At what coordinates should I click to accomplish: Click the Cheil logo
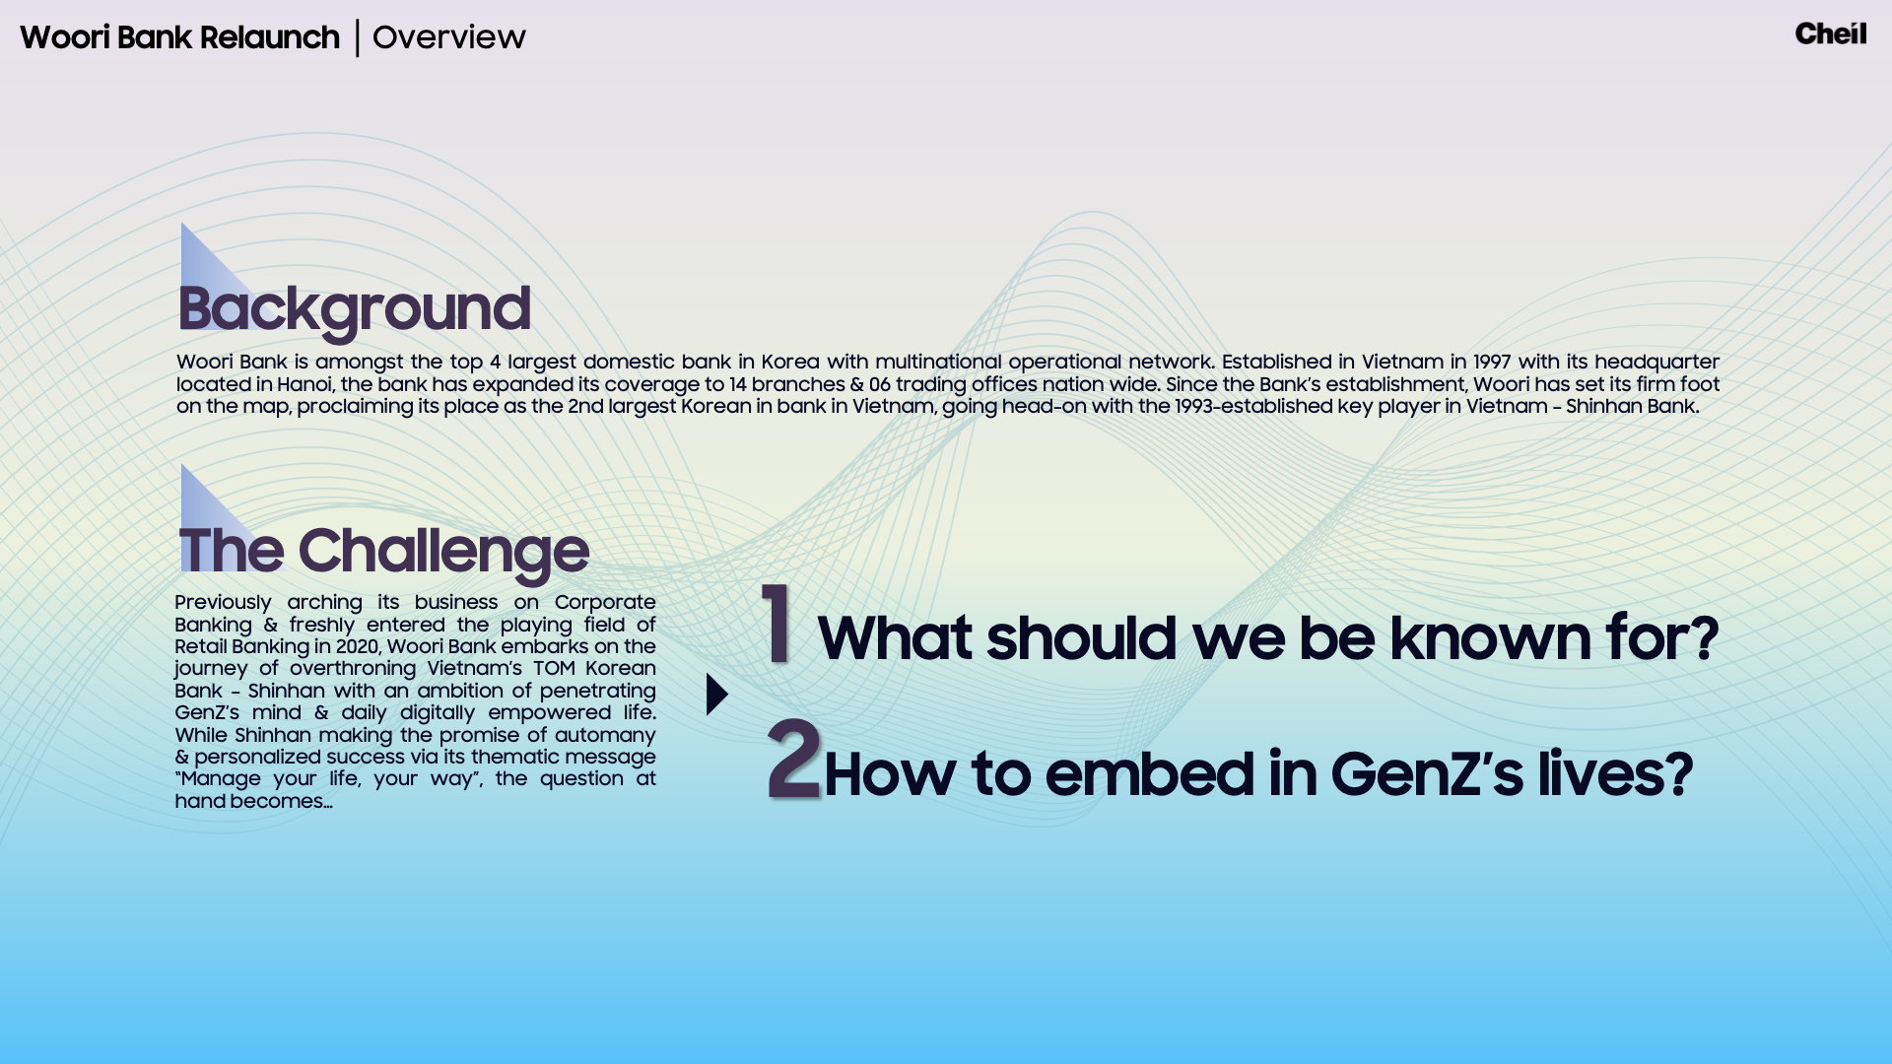tap(1830, 33)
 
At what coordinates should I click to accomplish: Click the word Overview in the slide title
tap(449, 37)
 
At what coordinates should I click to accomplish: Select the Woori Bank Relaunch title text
tap(179, 37)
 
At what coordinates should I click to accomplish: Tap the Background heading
tap(354, 309)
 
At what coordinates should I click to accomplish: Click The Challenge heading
tap(383, 551)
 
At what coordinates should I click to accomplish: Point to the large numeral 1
tap(777, 623)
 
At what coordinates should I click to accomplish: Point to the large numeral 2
tap(793, 759)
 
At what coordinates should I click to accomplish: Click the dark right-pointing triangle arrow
tap(717, 695)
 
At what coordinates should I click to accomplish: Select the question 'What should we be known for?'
tap(1268, 637)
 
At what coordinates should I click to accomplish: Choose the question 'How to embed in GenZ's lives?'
tap(1258, 773)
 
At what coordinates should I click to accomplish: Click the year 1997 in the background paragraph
tap(1492, 363)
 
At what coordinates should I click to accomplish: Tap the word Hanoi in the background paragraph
tap(304, 384)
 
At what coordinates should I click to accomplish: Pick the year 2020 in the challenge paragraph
tap(357, 646)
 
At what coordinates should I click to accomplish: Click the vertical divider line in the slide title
tap(357, 37)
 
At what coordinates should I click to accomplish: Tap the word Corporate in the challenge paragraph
tap(605, 602)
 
